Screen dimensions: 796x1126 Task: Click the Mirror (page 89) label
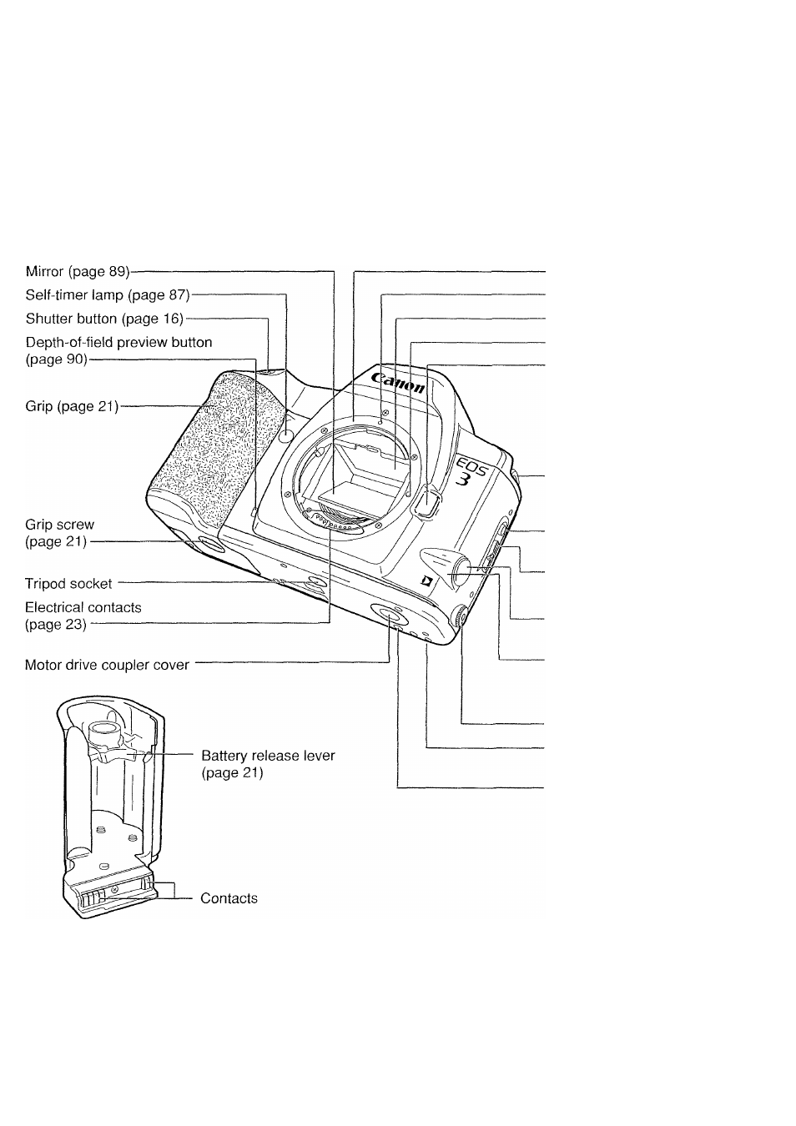tap(78, 271)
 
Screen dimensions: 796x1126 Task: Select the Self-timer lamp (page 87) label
tap(108, 294)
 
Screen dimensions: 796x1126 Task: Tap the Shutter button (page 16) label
tap(104, 318)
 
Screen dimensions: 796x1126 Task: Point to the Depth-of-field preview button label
tap(118, 350)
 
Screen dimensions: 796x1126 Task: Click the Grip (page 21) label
tap(72, 405)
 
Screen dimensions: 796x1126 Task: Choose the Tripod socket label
tap(68, 584)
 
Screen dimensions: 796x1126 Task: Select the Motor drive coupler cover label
tap(107, 665)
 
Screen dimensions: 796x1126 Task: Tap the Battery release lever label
tap(268, 763)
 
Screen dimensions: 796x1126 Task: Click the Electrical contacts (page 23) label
tap(83, 616)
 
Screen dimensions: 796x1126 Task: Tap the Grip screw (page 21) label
tap(60, 533)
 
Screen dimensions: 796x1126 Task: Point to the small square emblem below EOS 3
tap(427, 582)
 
